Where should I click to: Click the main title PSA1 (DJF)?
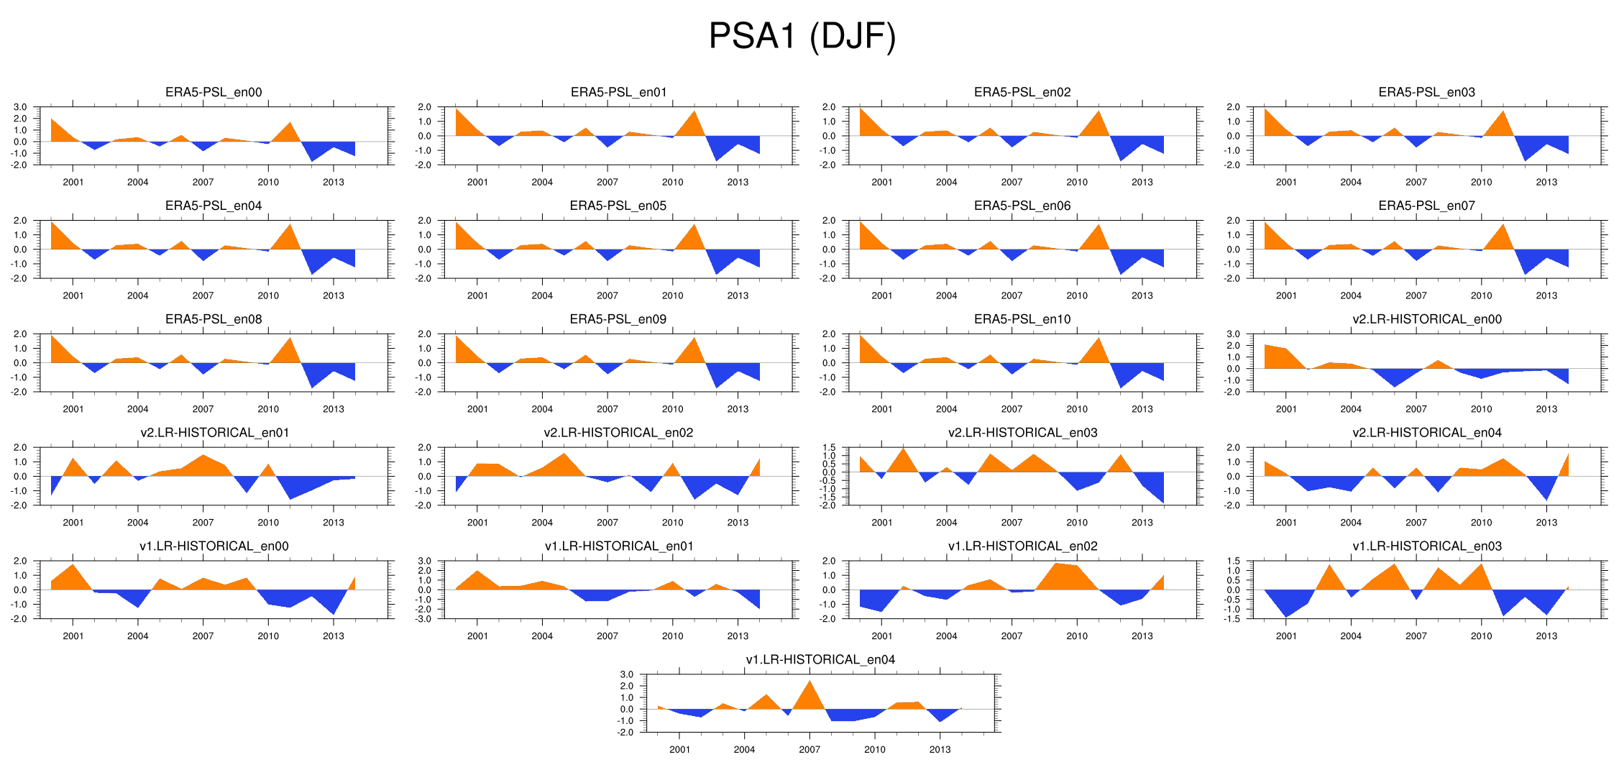point(802,36)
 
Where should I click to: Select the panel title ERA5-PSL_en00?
point(214,92)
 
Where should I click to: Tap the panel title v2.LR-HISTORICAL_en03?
point(1022,433)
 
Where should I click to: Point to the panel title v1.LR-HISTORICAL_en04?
point(820,660)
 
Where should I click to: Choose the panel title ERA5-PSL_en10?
point(1022,319)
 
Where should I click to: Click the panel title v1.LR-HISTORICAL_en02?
point(1022,546)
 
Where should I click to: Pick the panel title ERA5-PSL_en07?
point(1426,206)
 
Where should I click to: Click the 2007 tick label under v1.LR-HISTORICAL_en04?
point(809,749)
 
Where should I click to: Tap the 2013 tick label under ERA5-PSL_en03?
point(1546,182)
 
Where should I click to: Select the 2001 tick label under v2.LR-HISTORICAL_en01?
point(73,523)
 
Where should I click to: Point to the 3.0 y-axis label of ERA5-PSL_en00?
point(20,107)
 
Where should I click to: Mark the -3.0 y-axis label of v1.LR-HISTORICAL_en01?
point(423,619)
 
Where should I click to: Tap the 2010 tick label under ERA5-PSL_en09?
point(672,409)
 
